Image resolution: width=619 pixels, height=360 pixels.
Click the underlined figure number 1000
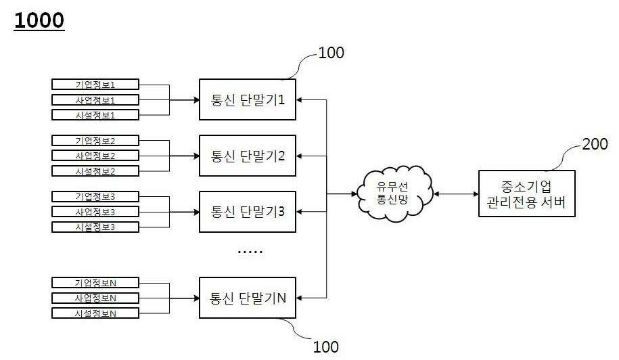coord(39,20)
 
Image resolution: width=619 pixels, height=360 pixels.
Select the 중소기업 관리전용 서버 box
coord(526,194)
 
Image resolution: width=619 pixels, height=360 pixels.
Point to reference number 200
coord(595,144)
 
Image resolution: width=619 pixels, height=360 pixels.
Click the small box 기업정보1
coord(95,85)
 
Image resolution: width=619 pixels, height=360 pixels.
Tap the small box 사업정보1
coord(95,99)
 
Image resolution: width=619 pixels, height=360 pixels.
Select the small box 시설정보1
coord(95,115)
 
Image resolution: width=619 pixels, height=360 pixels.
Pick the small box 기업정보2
coord(95,141)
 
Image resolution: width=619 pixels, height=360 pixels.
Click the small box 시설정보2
coord(95,171)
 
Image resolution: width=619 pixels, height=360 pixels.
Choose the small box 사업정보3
coord(95,211)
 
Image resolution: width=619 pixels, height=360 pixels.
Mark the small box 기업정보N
coord(95,282)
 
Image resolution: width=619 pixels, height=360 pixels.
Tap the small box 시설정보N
coord(95,313)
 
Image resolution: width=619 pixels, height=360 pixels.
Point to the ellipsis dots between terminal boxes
coord(250,252)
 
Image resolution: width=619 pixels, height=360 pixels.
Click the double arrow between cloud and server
coord(455,194)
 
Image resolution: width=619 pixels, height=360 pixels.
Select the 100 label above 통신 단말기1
coord(330,53)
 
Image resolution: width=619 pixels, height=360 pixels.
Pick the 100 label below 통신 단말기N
coord(325,347)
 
